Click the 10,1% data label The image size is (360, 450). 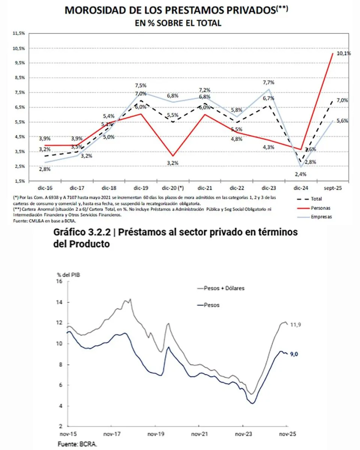pyautogui.click(x=343, y=54)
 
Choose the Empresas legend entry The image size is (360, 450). pyautogui.click(x=321, y=217)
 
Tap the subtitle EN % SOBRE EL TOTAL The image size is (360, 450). pyautogui.click(x=178, y=23)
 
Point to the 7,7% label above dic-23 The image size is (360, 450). pyautogui.click(x=268, y=82)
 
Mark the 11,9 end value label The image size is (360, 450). pyautogui.click(x=296, y=325)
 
